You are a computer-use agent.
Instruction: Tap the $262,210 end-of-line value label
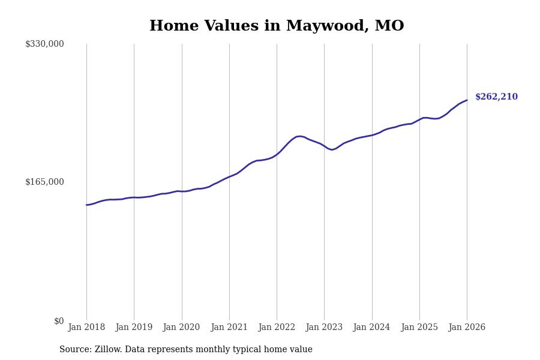click(x=496, y=97)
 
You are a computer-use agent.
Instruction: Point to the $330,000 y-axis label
click(x=44, y=44)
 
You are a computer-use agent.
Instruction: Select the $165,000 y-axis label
click(x=44, y=182)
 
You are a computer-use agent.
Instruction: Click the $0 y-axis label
click(x=59, y=321)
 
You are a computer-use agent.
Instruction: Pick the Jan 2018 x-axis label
click(x=86, y=328)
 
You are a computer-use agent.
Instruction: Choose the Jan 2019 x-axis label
click(x=134, y=328)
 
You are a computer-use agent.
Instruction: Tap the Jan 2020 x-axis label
click(x=181, y=328)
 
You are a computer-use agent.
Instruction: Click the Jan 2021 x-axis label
click(x=229, y=328)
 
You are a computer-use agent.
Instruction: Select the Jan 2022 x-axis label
click(x=277, y=328)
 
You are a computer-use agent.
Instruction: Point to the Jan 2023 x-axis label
click(x=324, y=328)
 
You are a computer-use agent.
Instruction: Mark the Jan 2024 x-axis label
click(x=371, y=328)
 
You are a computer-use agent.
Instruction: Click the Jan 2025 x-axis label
click(x=419, y=328)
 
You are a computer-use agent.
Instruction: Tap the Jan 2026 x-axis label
click(x=467, y=328)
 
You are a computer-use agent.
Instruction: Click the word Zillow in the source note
click(x=107, y=350)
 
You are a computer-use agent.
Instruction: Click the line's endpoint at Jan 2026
click(x=467, y=100)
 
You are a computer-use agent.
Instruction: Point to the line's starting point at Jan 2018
click(x=86, y=205)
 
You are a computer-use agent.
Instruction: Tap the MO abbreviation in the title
click(x=389, y=26)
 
